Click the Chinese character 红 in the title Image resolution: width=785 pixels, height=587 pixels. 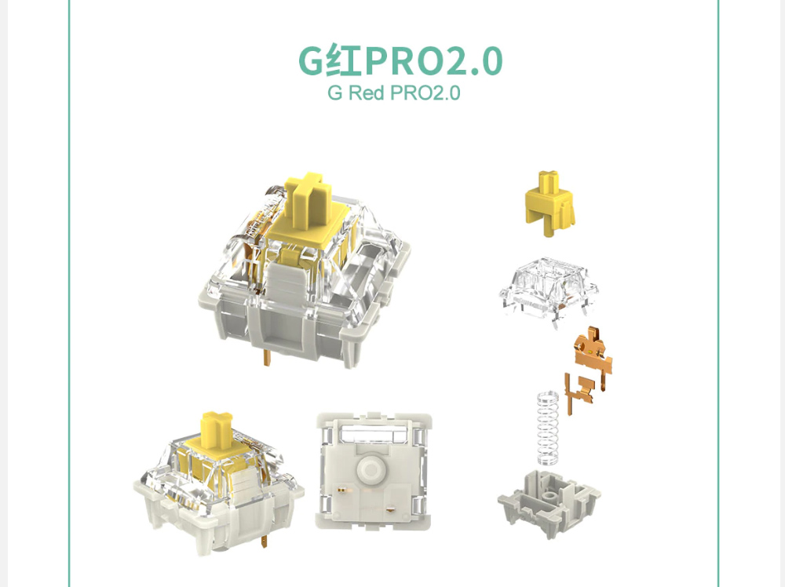coord(344,61)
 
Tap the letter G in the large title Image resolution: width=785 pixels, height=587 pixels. coord(312,61)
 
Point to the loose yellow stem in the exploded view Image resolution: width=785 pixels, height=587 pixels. coord(549,203)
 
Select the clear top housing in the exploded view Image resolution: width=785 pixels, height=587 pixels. coord(548,290)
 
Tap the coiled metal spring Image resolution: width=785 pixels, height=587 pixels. coord(548,428)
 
